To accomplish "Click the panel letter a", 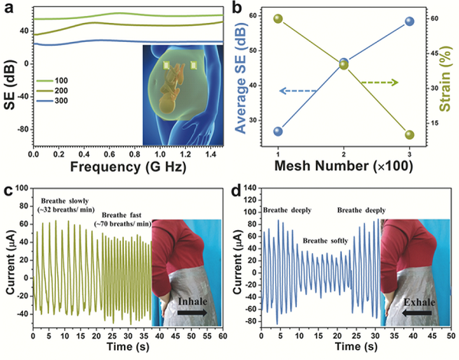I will [x=10, y=8].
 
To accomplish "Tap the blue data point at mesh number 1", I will [x=278, y=131].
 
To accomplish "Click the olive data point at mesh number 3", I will [x=409, y=135].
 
